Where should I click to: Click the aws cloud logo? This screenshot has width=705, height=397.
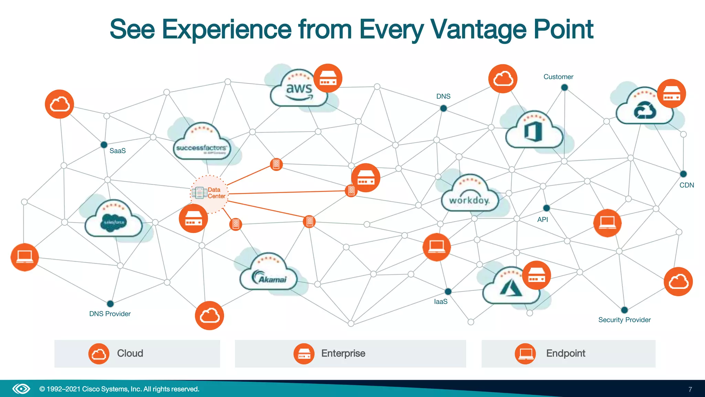[299, 90]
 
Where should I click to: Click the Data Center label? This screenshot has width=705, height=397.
[216, 193]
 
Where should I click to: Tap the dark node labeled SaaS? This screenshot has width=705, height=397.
[104, 145]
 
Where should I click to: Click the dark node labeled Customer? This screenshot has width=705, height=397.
[564, 88]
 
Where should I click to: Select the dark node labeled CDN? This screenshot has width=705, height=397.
[683, 174]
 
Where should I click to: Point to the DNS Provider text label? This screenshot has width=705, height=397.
[110, 314]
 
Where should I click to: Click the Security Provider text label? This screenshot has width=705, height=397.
[624, 320]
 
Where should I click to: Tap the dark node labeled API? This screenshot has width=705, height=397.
[546, 208]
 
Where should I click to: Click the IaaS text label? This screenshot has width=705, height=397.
[441, 302]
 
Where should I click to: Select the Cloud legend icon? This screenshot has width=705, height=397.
[99, 354]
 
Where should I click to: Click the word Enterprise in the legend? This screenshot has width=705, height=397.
[343, 354]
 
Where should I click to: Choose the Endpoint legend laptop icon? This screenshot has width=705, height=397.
[525, 354]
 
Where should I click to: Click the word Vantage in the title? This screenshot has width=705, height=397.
[478, 30]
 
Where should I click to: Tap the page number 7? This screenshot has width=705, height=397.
[690, 389]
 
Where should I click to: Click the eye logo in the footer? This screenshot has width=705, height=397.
[21, 389]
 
